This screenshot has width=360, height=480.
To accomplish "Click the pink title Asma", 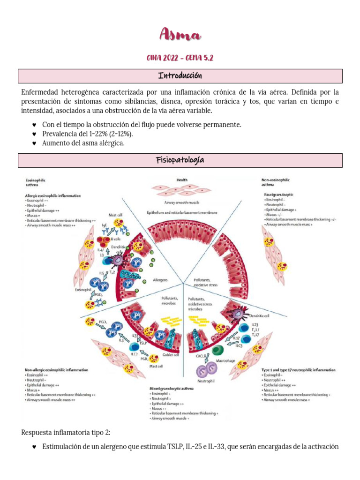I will pos(180,34).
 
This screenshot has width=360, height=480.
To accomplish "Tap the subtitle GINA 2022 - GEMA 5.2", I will pos(180,58).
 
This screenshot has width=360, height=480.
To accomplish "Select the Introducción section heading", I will pos(180,76).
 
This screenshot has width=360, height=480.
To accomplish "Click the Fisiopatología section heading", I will pos(180,160).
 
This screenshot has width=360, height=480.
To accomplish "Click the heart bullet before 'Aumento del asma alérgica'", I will pos(34,143).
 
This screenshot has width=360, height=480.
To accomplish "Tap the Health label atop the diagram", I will pos(182,180).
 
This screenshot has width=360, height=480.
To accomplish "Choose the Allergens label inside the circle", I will pos(160,280).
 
